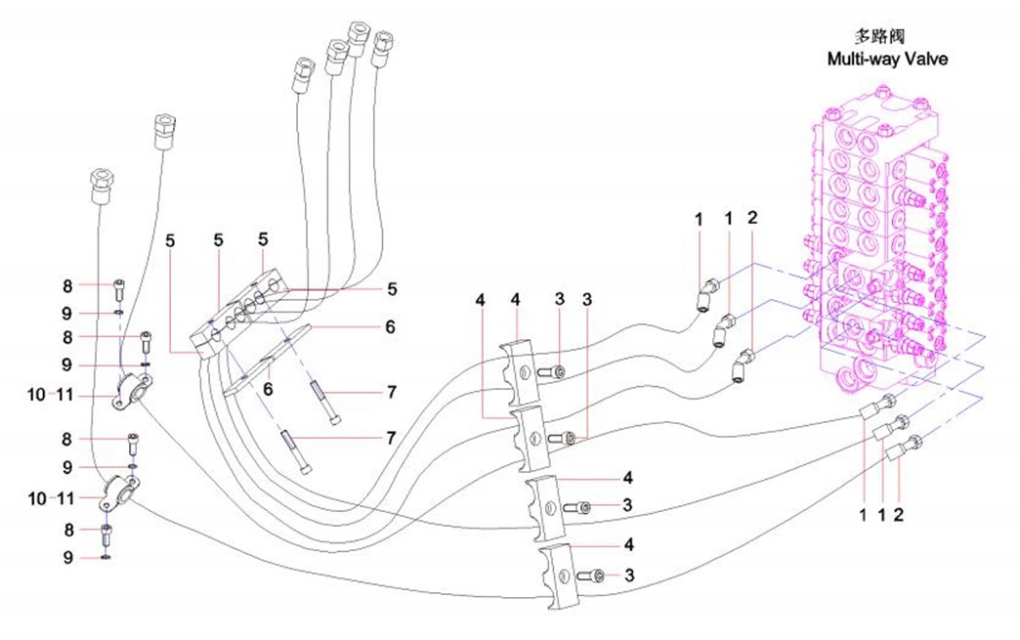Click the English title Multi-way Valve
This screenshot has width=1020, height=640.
[886, 59]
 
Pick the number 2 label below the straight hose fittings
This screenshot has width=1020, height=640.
[901, 512]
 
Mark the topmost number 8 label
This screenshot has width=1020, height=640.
[67, 286]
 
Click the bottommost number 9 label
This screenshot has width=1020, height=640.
[67, 558]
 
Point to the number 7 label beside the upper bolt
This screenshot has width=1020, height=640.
[390, 392]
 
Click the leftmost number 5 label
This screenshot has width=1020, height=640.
[171, 240]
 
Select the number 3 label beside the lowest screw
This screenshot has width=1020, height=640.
[630, 576]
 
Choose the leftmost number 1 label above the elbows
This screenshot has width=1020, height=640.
[700, 220]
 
